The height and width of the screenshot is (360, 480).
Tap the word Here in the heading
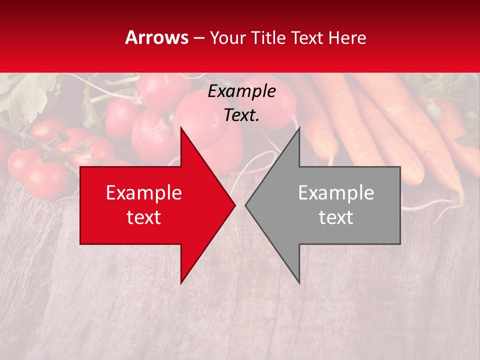(347, 37)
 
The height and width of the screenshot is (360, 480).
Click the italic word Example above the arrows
(241, 91)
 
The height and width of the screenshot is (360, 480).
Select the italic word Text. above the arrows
(241, 115)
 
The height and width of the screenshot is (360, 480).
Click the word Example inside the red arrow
(144, 193)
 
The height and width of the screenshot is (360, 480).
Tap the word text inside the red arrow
(144, 217)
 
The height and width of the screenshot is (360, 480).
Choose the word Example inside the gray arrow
(336, 193)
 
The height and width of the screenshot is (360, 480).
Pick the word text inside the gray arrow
(336, 217)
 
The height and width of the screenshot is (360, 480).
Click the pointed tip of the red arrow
(235, 205)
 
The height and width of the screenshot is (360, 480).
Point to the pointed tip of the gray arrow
(245, 205)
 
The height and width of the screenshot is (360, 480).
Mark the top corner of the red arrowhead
(181, 127)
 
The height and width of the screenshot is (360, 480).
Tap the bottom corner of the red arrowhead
(181, 283)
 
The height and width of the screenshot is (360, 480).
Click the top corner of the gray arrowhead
(299, 127)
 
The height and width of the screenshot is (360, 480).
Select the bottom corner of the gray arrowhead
(299, 283)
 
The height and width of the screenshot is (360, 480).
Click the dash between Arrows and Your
(198, 38)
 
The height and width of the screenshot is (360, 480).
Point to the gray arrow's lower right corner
(400, 243)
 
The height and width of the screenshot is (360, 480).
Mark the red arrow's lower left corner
(80, 243)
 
